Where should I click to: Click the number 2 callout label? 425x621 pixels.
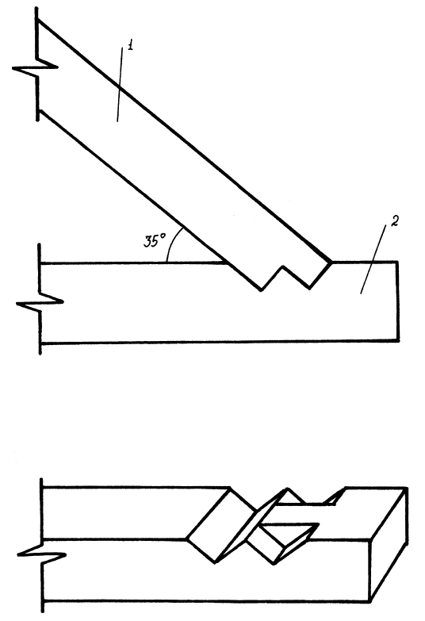tap(395, 221)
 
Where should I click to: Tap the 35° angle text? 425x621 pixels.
tap(155, 241)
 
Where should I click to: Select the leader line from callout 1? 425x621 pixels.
tap(120, 84)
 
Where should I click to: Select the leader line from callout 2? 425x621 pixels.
tap(373, 259)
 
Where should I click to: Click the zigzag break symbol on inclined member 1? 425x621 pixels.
tap(35, 67)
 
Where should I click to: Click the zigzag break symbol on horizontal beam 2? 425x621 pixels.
tap(40, 302)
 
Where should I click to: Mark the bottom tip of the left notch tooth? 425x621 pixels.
tap(261, 290)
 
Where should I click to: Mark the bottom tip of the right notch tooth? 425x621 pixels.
tap(310, 289)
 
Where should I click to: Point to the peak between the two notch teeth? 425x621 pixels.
tap(282, 266)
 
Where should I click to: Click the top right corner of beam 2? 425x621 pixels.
tap(397, 262)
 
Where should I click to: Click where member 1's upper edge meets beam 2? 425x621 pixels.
tap(331, 262)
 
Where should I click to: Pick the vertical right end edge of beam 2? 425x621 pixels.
tap(398, 301)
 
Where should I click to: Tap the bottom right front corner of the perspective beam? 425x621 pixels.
tap(370, 602)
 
